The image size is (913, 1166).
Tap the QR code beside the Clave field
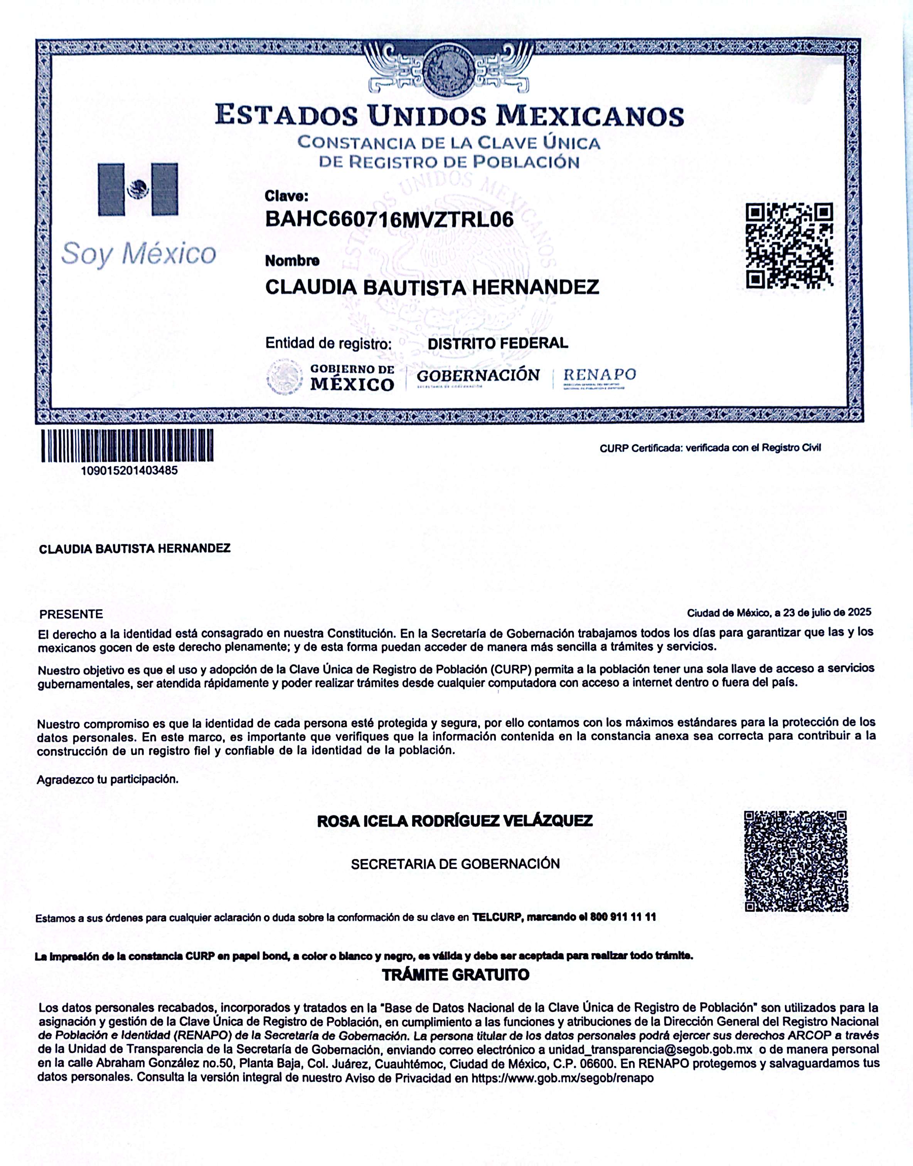pos(789,246)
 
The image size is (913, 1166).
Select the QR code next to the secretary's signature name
pos(795,861)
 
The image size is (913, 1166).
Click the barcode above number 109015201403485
pos(127,446)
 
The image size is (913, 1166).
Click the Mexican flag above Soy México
pos(138,189)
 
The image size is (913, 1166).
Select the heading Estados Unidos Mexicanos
pos(449,115)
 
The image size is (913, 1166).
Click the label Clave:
pos(286,196)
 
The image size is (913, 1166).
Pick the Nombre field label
pos(292,261)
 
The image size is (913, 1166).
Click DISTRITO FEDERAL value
pos(498,343)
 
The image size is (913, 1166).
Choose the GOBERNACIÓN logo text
pos(478,376)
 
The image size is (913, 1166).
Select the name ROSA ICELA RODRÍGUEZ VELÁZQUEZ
pos(455,821)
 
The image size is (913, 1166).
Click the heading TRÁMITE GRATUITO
pos(455,975)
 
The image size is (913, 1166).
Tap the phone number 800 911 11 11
pos(623,917)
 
